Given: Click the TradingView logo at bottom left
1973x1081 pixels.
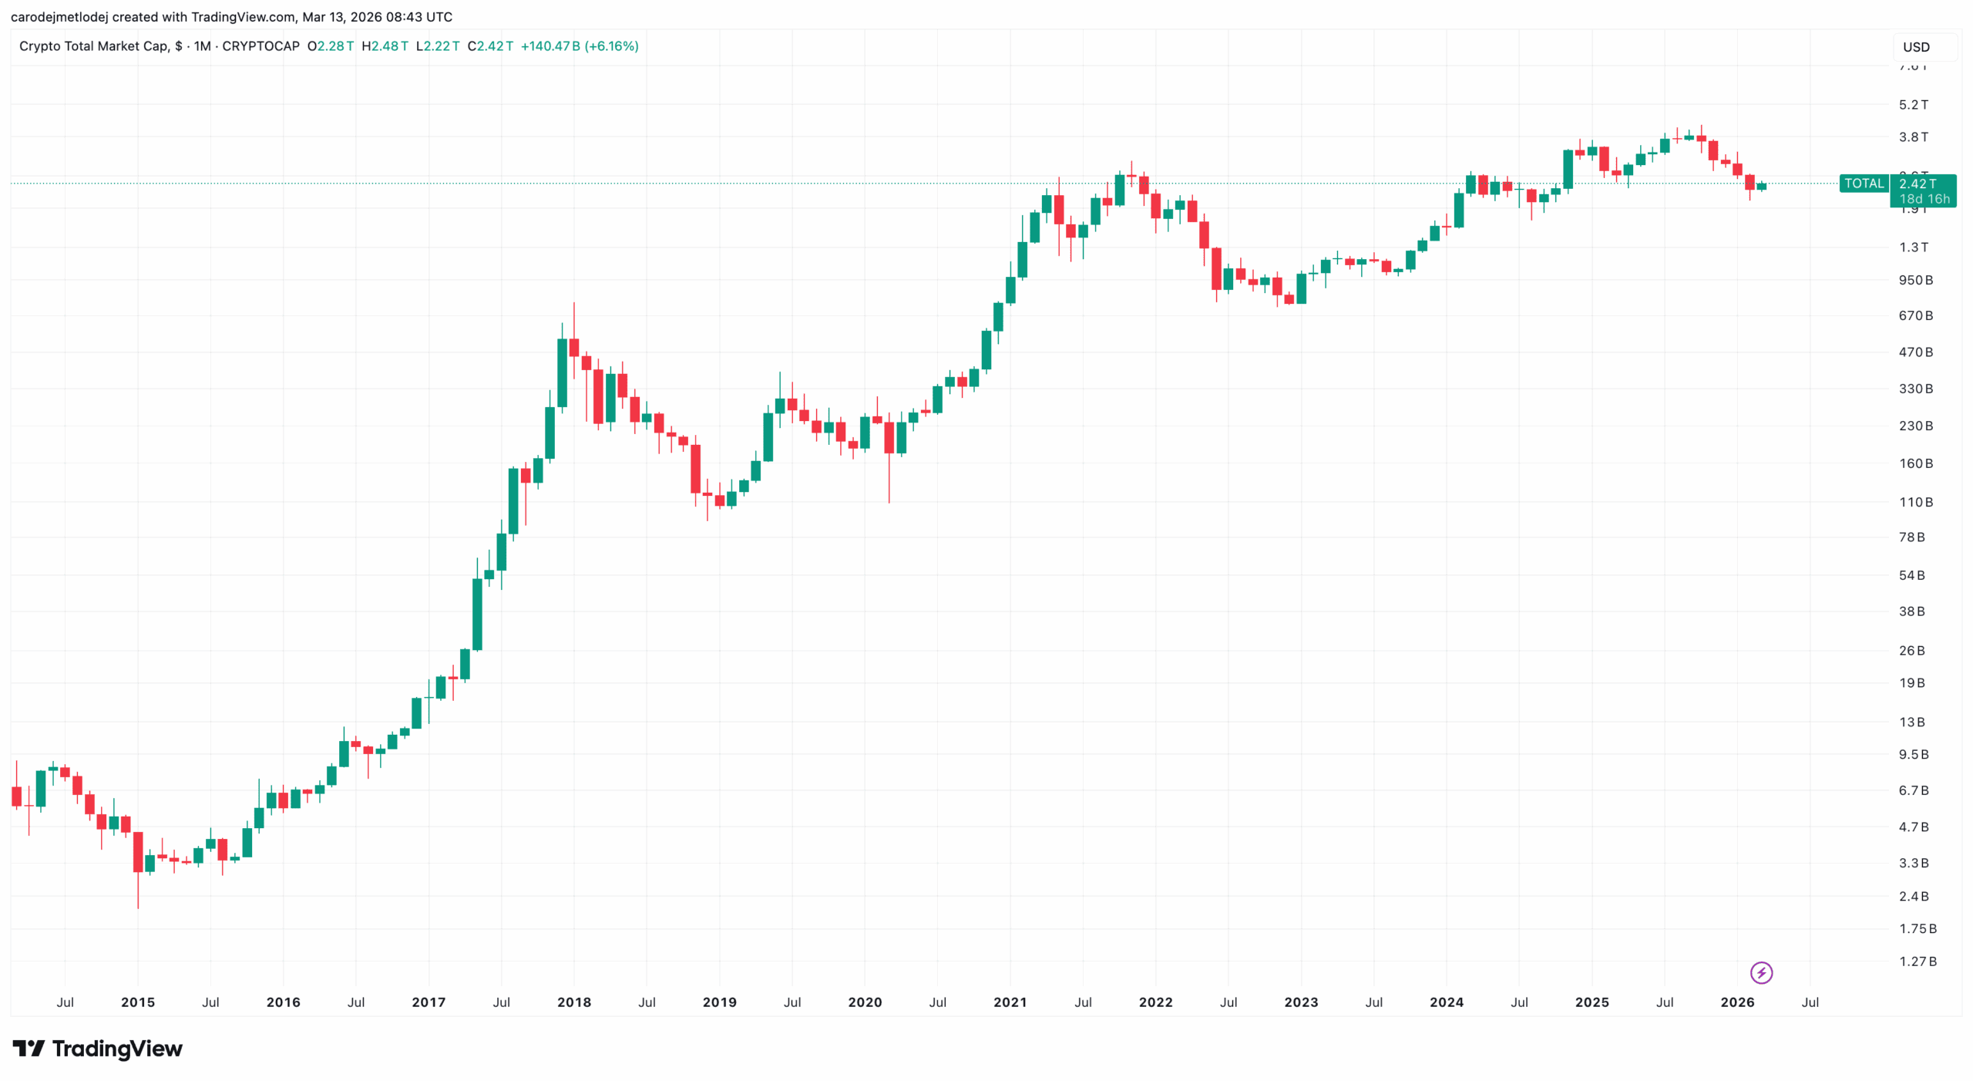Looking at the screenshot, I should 98,1049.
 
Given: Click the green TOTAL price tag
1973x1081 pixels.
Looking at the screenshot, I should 1864,184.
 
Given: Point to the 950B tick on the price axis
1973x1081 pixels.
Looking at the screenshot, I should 1915,280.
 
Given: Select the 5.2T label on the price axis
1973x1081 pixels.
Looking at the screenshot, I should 1913,104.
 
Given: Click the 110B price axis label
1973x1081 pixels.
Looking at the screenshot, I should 1915,502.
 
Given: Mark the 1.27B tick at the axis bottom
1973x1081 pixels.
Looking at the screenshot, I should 1918,961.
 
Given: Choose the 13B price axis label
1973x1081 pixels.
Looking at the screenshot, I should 1911,722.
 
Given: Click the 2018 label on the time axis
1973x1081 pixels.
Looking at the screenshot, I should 573,1002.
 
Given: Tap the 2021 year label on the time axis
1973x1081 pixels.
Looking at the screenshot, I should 1010,1002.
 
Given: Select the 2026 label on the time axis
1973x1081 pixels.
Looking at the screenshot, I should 1737,1002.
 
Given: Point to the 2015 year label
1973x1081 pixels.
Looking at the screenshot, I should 138,1002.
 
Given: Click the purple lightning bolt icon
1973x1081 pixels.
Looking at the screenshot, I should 1761,972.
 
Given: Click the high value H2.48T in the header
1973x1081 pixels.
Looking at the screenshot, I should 385,46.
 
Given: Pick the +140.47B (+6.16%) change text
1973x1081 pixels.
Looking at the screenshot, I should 580,46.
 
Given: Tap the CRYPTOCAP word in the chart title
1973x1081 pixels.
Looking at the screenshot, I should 260,46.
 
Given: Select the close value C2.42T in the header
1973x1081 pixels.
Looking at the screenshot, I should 490,46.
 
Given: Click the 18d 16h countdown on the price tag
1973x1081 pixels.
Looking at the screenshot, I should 1924,199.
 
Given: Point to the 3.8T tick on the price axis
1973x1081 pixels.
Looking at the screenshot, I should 1913,136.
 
